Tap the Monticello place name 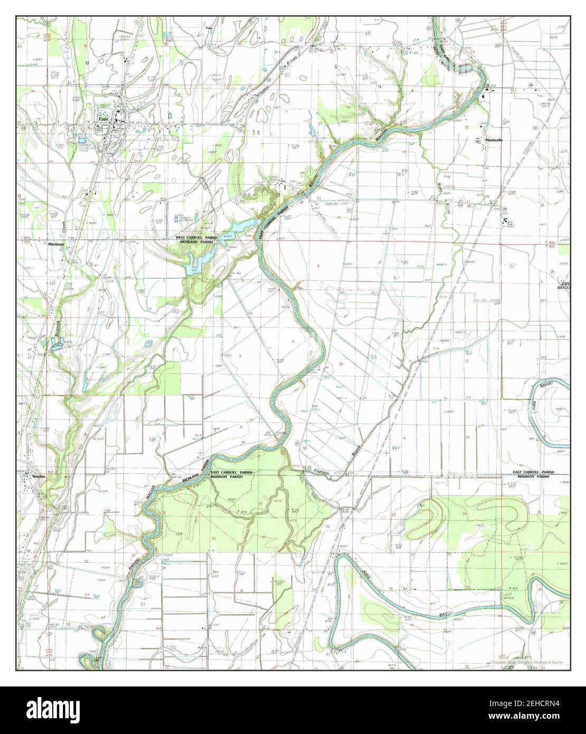(494, 140)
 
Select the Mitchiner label (55, 244)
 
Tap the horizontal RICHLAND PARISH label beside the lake (196, 243)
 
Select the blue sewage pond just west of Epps (82, 138)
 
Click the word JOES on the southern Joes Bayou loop (364, 575)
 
